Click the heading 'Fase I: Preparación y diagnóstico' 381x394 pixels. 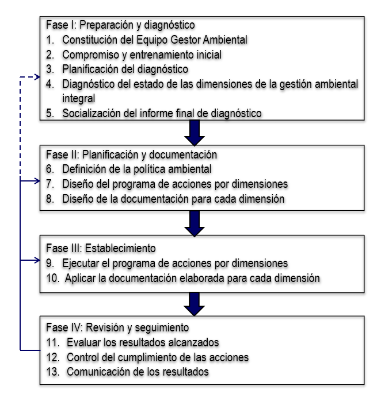pyautogui.click(x=119, y=25)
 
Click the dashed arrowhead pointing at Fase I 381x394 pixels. pyautogui.click(x=38, y=76)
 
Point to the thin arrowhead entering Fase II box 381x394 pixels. pyautogui.click(x=38, y=182)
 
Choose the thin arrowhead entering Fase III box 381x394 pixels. pyautogui.click(x=38, y=260)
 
